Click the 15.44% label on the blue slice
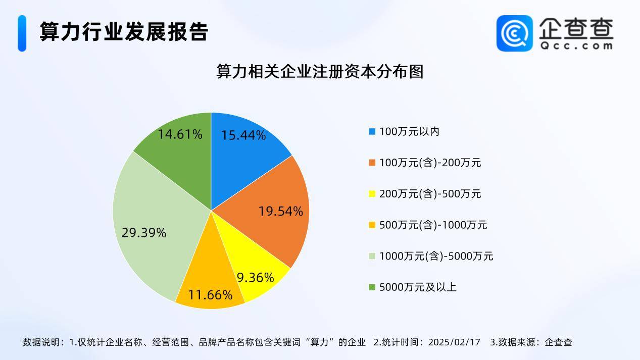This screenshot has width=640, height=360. (x=243, y=135)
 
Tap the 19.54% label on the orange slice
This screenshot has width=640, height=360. (x=280, y=212)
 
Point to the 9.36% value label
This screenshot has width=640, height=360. (x=256, y=278)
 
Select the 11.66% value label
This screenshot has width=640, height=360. (x=210, y=295)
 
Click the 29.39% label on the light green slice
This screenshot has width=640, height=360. (x=144, y=233)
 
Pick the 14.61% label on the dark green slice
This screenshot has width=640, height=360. (x=180, y=134)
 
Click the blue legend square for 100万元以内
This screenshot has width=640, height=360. (x=372, y=132)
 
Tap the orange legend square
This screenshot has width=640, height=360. (x=372, y=163)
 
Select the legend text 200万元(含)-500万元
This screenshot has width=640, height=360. (x=430, y=194)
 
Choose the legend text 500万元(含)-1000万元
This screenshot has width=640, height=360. (x=433, y=225)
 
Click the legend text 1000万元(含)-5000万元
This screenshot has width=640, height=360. (x=436, y=256)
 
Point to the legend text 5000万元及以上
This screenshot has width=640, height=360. (x=418, y=287)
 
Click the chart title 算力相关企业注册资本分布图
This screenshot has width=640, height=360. (x=320, y=71)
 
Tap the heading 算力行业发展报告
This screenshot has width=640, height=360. (x=124, y=31)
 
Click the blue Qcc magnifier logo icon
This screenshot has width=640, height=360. (x=515, y=33)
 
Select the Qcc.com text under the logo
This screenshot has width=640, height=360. (x=576, y=46)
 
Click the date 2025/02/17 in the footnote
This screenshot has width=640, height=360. (x=454, y=342)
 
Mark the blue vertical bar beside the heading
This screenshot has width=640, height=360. (x=22, y=33)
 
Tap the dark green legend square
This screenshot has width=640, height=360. (x=372, y=287)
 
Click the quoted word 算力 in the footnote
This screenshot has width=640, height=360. (x=319, y=342)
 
